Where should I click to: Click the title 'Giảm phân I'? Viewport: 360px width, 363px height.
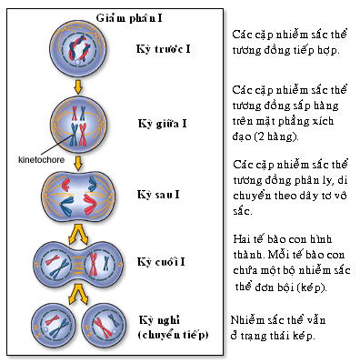(129, 18)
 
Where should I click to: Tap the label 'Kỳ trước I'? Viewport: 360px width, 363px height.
(164, 49)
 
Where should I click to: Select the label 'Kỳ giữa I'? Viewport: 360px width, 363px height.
(162, 124)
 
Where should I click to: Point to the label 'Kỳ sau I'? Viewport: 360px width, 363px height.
(158, 195)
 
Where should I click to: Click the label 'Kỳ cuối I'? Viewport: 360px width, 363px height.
(161, 262)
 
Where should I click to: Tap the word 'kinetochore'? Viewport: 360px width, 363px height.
(42, 160)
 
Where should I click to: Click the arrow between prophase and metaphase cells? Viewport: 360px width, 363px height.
(78, 87)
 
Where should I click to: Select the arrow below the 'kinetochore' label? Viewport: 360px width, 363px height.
(78, 164)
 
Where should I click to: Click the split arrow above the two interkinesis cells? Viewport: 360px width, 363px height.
(78, 293)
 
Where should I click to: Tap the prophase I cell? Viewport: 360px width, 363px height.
(78, 49)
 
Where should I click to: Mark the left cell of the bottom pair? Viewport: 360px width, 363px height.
(54, 326)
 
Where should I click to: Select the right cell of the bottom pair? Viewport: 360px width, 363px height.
(105, 326)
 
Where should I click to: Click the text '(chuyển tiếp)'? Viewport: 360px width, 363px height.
(174, 336)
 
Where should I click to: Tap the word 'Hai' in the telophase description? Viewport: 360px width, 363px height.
(242, 239)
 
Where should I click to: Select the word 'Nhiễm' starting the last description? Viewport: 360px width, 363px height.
(248, 320)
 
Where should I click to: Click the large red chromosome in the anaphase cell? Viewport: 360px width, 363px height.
(90, 203)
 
